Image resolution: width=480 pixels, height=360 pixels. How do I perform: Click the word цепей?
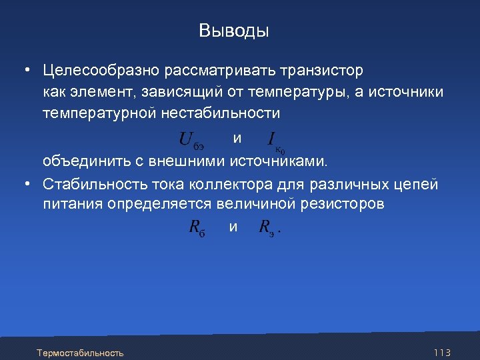click(417, 183)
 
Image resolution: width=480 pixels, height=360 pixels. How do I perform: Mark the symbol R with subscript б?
click(197, 228)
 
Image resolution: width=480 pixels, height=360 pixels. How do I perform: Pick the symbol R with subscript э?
click(267, 228)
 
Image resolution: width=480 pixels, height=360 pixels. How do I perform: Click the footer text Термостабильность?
click(81, 352)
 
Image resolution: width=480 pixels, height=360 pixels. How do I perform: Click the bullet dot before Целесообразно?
click(24, 70)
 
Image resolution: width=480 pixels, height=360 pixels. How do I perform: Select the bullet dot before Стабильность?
click(24, 183)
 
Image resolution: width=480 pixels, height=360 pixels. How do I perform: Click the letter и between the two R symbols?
click(233, 227)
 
